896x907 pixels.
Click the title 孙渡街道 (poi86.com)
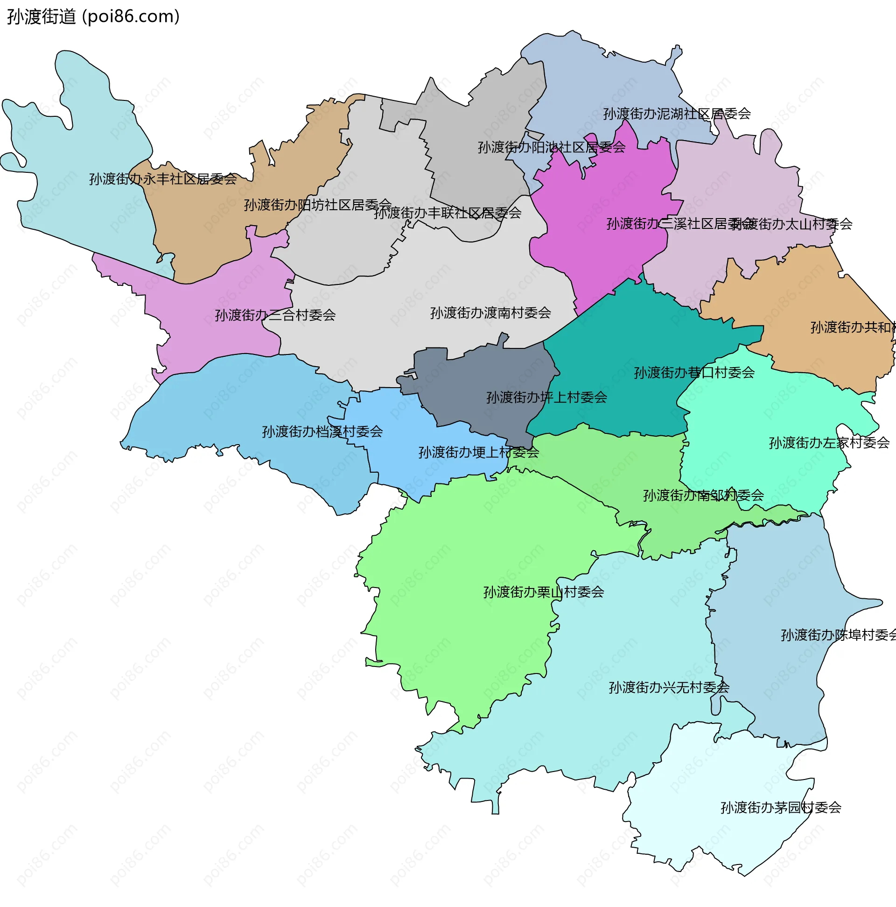point(93,16)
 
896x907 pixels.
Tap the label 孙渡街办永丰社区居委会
point(163,179)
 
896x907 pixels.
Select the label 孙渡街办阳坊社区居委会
point(318,205)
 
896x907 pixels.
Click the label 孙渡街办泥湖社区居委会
point(677,113)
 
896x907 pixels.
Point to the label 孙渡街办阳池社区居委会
point(551,148)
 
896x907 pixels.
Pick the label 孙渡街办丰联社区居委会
point(447,213)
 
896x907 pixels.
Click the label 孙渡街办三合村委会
point(275,315)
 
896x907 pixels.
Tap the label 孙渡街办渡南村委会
point(490,312)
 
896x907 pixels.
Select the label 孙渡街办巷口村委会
point(694,373)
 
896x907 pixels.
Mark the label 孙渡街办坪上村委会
point(546,397)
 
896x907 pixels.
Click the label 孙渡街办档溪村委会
point(322,432)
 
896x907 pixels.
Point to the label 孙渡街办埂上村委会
point(478,453)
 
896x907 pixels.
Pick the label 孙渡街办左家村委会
point(829,443)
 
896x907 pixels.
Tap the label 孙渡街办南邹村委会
point(703,495)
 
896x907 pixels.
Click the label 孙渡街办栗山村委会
point(543,592)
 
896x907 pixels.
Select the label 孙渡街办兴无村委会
point(668,688)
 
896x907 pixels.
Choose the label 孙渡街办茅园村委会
point(781,808)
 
